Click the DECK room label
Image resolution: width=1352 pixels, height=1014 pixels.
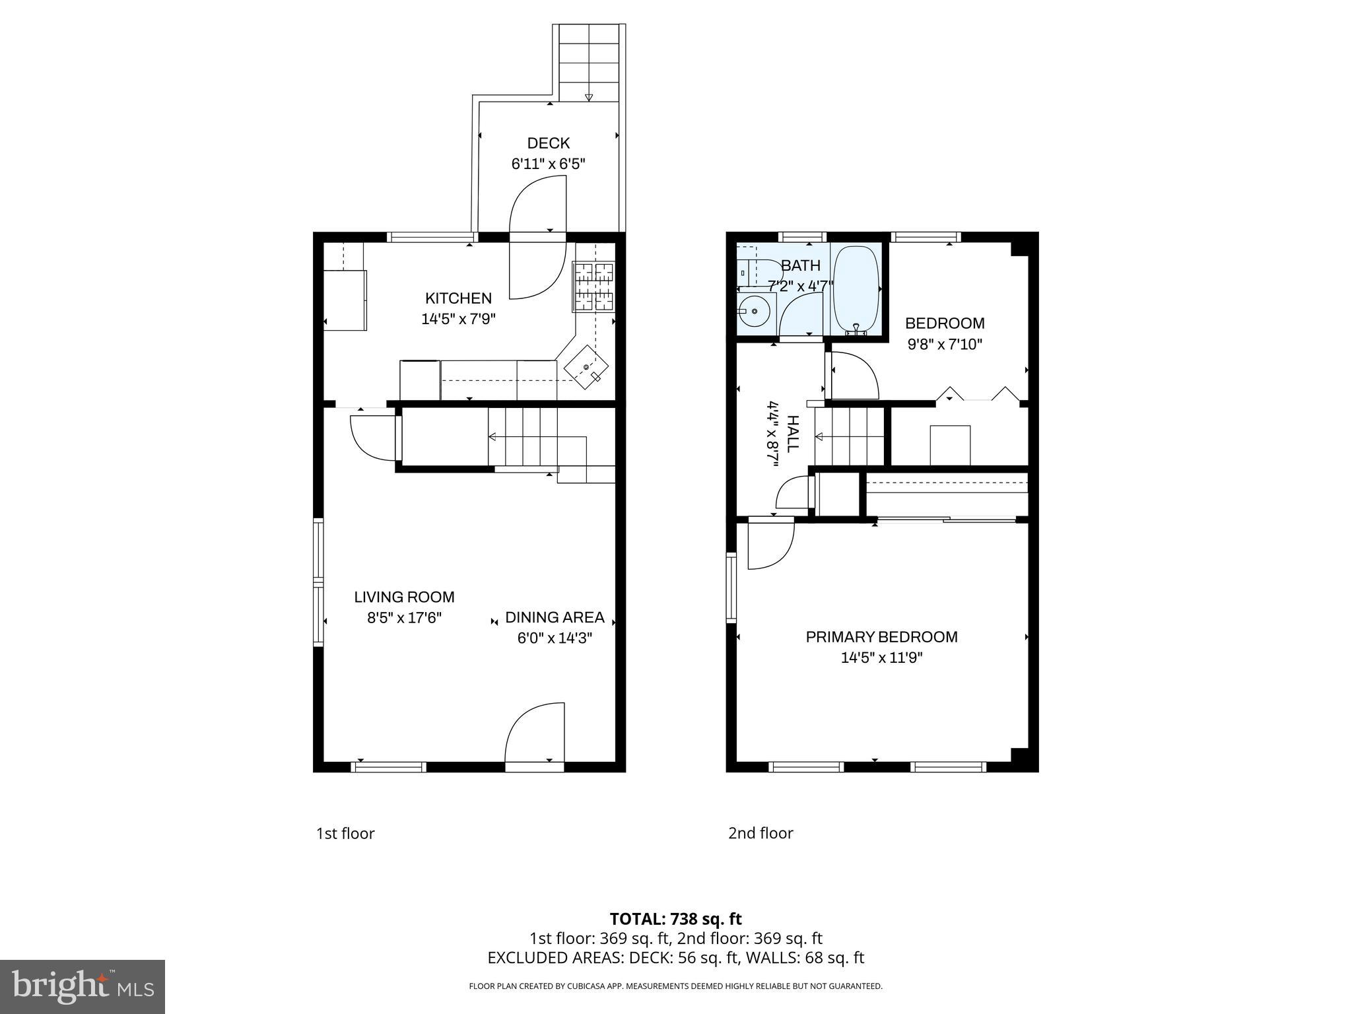click(x=548, y=143)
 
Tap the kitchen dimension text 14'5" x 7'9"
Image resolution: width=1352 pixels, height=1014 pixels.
click(x=458, y=320)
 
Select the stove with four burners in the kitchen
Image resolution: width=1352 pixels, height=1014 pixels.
click(x=593, y=287)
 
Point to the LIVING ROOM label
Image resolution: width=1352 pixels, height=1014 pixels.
click(x=404, y=597)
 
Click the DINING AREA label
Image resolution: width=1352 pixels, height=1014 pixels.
click(x=555, y=617)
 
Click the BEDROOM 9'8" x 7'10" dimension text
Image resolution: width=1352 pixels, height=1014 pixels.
click(x=945, y=345)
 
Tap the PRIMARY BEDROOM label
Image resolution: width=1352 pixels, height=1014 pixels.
click(x=881, y=637)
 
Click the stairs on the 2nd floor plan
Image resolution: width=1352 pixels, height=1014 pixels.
click(x=849, y=436)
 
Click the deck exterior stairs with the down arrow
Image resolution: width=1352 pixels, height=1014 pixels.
click(x=589, y=63)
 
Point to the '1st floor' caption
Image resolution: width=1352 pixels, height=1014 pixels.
click(x=345, y=834)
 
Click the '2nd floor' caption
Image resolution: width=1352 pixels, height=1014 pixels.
click(x=760, y=833)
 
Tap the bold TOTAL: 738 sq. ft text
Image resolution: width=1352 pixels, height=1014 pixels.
click(x=675, y=919)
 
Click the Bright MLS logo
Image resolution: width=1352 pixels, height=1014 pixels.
click(x=83, y=986)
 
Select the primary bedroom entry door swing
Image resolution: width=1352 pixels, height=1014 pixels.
click(x=769, y=545)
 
